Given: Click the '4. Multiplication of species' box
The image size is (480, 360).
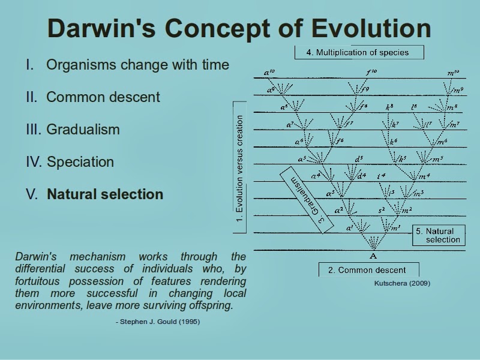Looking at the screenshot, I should click(358, 52).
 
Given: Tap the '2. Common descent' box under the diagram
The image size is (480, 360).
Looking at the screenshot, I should click(368, 270).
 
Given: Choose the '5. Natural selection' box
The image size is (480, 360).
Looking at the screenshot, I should click(438, 235).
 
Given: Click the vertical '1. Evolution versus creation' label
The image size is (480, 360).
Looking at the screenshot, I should click(239, 169).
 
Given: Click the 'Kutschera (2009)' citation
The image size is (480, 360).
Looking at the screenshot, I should click(402, 283).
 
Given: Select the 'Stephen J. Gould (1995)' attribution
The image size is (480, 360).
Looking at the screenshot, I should click(158, 322).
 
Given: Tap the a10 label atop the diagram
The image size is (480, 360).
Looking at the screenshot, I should click(269, 73).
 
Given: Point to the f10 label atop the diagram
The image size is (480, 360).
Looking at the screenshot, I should click(371, 73).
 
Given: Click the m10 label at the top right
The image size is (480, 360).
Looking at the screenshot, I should click(453, 73).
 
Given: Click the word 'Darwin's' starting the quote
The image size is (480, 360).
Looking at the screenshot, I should click(35, 257).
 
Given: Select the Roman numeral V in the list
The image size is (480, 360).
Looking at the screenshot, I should click(31, 194).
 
